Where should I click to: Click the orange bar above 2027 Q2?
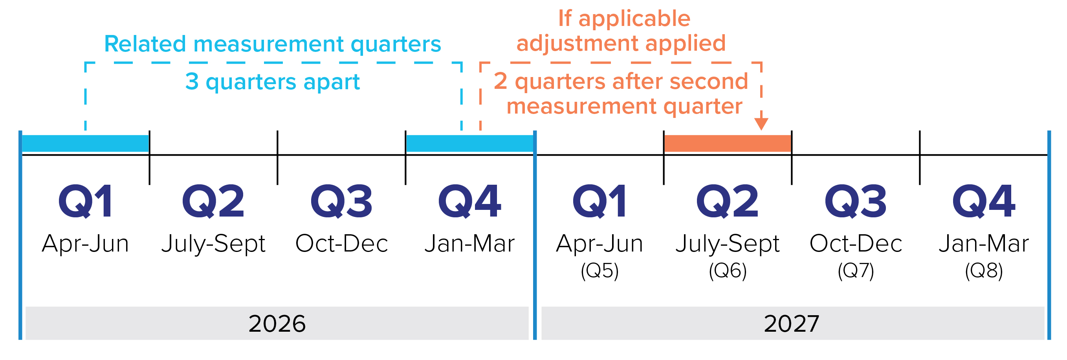[x=727, y=143]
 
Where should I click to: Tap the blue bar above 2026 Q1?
[x=85, y=143]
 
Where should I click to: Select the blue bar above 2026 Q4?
[x=470, y=143]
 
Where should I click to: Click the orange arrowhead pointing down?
[x=761, y=124]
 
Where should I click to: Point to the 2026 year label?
[x=277, y=323]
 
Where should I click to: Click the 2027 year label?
[x=792, y=323]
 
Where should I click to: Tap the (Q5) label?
[x=599, y=271]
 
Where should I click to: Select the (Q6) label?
[x=728, y=271]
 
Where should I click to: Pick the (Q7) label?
[x=856, y=271]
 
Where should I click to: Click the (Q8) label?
[x=984, y=271]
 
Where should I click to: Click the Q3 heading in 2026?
[x=341, y=201]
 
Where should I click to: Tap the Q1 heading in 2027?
[x=599, y=201]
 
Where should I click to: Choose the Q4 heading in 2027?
[x=984, y=201]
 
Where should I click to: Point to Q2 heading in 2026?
[x=213, y=201]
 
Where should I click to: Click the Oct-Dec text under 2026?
[x=342, y=243]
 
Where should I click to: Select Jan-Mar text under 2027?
[x=984, y=243]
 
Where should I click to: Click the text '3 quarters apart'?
[x=273, y=82]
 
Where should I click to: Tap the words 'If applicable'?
[x=624, y=19]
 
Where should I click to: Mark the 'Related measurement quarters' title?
[x=273, y=44]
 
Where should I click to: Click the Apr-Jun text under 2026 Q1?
[x=85, y=244]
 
